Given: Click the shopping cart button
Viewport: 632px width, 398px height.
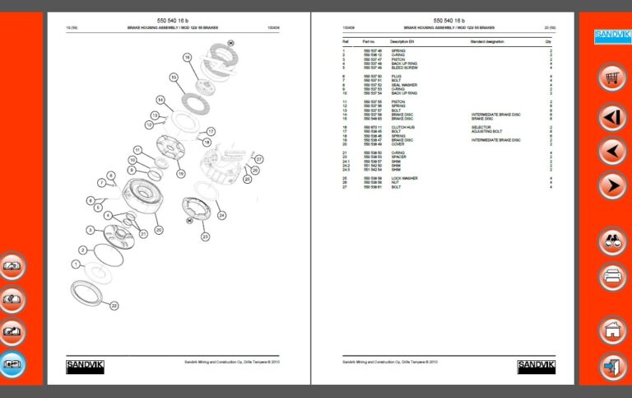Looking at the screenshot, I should (611, 78).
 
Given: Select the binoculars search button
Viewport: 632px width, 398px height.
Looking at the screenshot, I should (611, 241).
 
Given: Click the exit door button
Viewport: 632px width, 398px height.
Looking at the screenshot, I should (611, 365).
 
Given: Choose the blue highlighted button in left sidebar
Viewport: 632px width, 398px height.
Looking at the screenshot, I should (12, 363).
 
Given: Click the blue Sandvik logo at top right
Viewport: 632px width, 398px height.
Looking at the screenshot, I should (611, 35).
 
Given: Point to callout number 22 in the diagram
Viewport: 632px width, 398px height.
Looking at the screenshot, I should (114, 306).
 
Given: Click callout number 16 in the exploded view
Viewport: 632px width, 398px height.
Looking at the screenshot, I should (187, 58).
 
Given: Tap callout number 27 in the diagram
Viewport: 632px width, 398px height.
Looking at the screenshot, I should (258, 158).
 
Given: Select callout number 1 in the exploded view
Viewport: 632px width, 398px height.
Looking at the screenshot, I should (76, 264).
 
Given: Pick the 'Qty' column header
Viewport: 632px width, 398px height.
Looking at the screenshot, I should (548, 40).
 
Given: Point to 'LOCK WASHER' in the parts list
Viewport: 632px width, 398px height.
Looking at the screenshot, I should (404, 178).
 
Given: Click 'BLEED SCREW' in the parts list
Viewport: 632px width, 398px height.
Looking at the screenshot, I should (404, 68).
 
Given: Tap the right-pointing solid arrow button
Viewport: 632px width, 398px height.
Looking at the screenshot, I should (611, 185).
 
